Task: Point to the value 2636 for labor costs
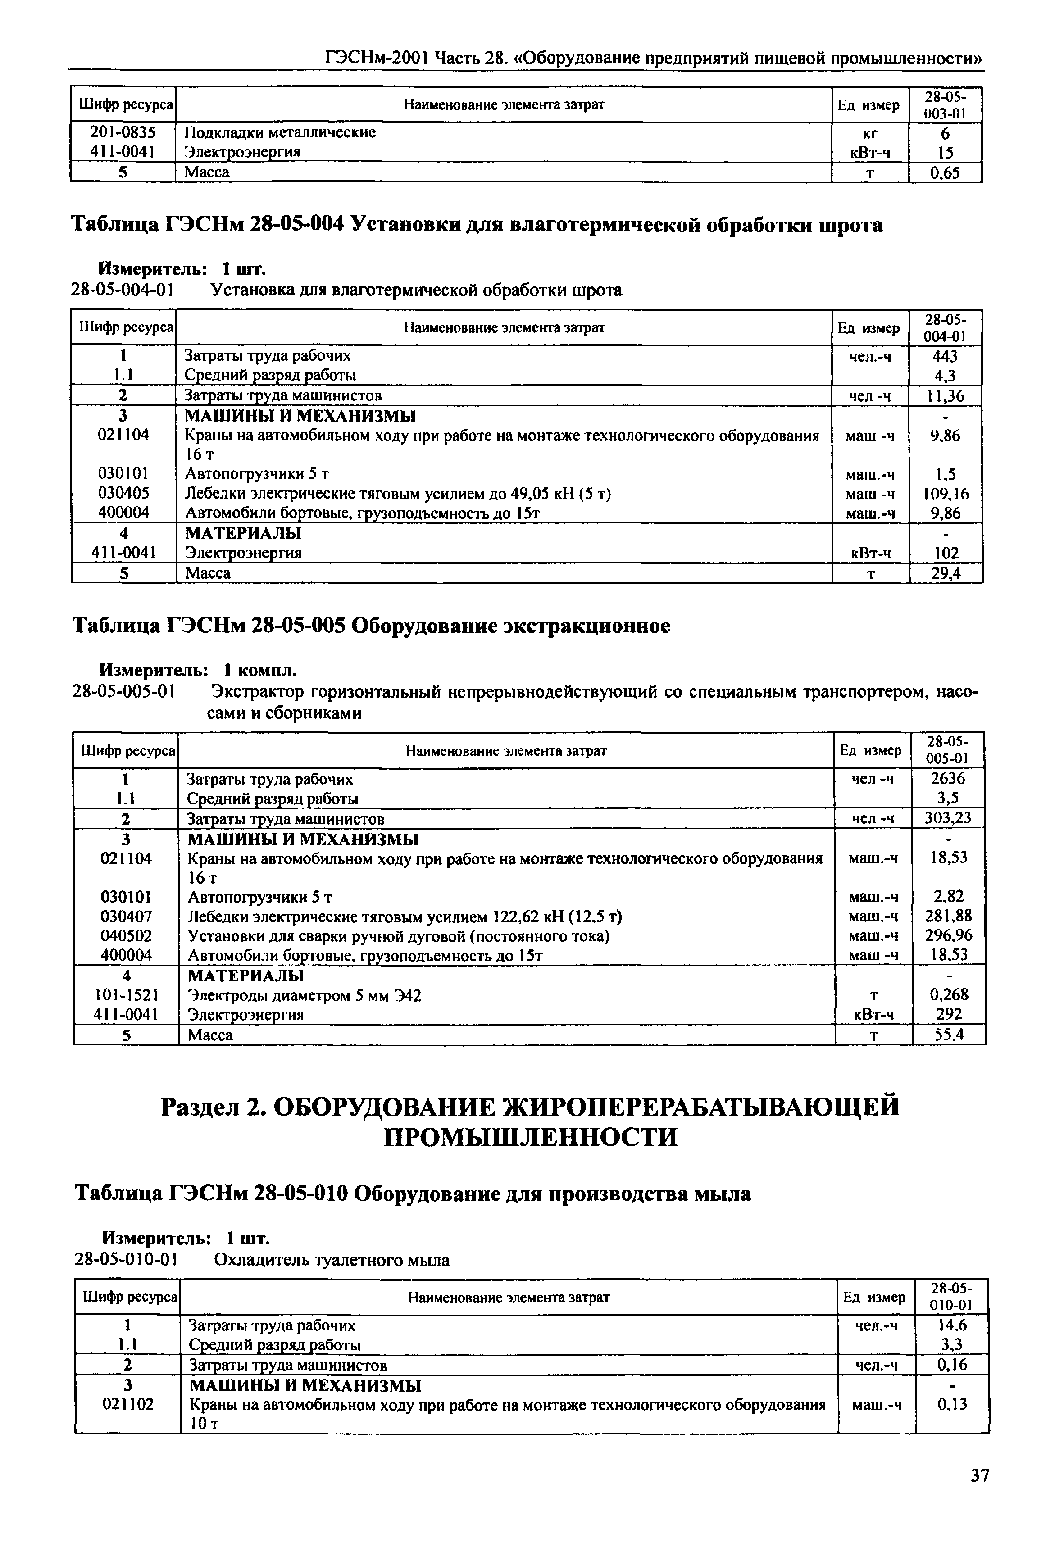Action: (948, 779)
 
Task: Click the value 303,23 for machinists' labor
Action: (948, 818)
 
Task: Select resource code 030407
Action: (126, 917)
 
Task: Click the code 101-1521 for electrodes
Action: (126, 995)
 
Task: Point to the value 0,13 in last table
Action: (952, 1404)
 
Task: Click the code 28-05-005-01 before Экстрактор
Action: (123, 693)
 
